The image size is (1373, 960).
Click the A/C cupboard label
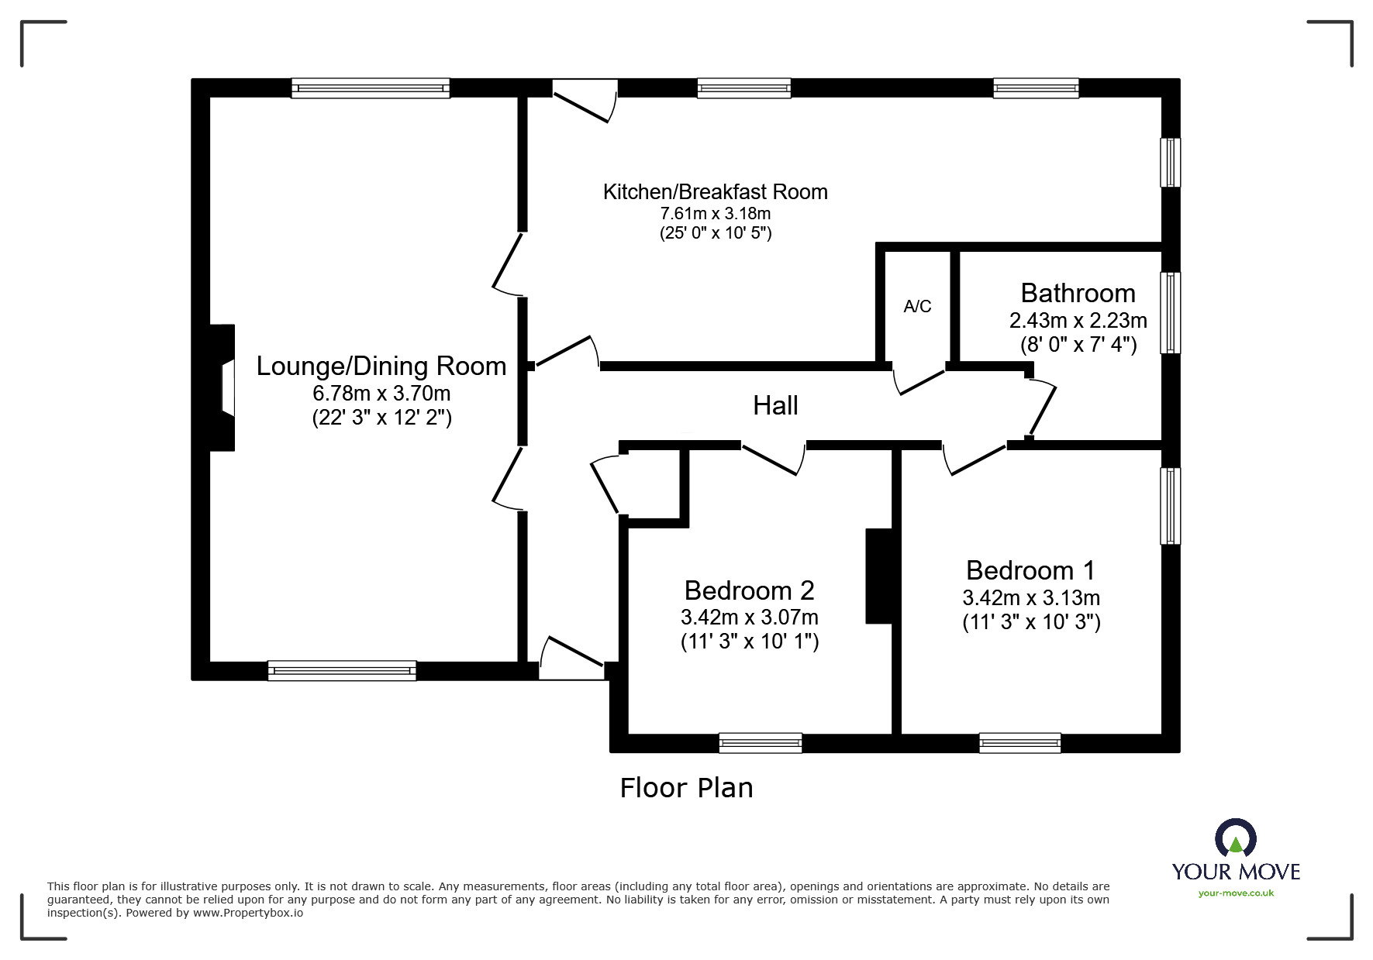coord(917,307)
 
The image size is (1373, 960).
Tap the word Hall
coord(775,405)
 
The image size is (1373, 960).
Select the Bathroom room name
coord(1078,293)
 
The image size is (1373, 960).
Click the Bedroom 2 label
coord(749,590)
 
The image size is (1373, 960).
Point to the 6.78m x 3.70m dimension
coord(381,393)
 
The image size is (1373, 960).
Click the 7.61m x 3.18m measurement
coord(715,213)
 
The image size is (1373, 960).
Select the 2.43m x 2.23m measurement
coord(1078,320)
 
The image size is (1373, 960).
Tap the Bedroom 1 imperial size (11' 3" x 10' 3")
coord(1031,622)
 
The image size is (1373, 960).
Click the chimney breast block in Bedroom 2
coord(879,576)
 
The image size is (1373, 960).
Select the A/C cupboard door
coord(919,381)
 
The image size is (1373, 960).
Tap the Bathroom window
coord(1170,312)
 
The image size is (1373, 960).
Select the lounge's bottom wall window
coord(342,671)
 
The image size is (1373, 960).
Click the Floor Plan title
coord(686,788)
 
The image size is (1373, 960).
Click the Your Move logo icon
coord(1235,838)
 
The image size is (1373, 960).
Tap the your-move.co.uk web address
coord(1236,893)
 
